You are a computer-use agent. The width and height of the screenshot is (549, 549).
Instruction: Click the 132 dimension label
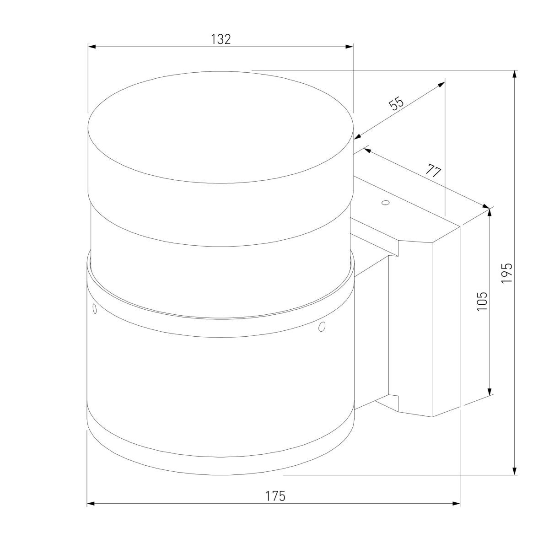point(221,39)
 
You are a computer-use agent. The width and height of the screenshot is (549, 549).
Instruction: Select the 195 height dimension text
point(507,273)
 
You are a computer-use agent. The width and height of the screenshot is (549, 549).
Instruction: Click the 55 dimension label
point(396,104)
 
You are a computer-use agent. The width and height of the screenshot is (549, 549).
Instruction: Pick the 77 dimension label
point(433,170)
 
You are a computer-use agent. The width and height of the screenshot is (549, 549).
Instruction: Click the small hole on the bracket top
point(386,203)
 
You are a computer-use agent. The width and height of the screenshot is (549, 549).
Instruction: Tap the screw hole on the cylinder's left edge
point(95,309)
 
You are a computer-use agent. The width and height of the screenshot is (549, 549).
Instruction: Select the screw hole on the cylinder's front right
point(322,327)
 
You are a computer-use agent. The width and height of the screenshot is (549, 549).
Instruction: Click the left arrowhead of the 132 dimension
point(91,47)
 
